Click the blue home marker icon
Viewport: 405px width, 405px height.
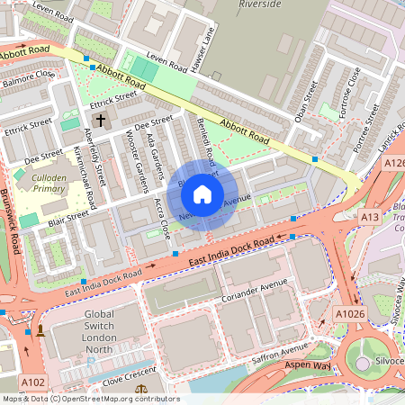point(202,193)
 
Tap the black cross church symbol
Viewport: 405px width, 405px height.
point(100,119)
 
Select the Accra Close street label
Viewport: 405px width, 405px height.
point(161,220)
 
